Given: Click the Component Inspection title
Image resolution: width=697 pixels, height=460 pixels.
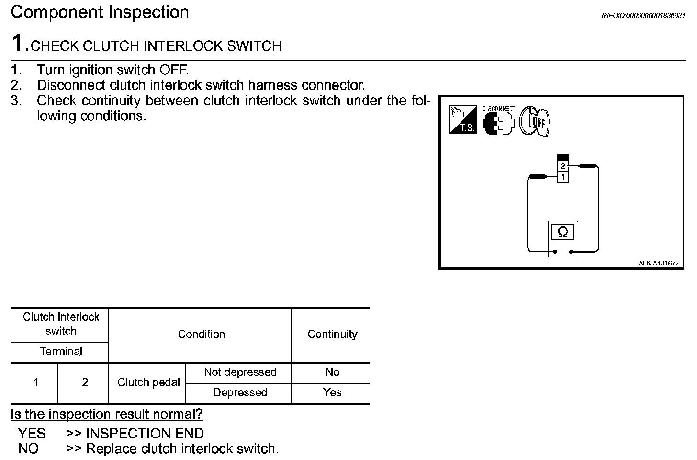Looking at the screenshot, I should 100,12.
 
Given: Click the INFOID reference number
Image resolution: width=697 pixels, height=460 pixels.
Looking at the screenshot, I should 643,15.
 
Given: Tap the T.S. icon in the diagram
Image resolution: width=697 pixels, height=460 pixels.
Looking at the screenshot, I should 463,120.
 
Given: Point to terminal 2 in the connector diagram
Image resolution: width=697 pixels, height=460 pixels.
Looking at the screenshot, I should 563,166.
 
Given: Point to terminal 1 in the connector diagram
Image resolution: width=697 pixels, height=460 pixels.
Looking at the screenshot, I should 563,177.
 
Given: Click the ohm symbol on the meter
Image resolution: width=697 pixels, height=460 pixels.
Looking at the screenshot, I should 563,232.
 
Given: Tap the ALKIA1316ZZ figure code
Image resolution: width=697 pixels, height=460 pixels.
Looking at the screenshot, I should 658,263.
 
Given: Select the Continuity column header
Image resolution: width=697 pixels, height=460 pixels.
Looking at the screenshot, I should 332,334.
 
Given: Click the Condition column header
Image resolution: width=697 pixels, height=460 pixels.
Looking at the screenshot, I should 201,334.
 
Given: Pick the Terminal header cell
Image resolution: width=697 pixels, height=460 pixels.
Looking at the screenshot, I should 61,351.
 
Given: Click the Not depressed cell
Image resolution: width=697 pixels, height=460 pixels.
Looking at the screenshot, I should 240,372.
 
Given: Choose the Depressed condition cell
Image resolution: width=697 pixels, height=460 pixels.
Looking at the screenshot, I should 240,392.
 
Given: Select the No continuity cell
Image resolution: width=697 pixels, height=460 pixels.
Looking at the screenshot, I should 332,372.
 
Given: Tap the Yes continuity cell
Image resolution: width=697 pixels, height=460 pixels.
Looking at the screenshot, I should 332,392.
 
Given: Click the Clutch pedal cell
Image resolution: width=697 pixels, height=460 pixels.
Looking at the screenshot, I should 148,382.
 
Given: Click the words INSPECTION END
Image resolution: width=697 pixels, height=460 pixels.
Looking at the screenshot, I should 145,434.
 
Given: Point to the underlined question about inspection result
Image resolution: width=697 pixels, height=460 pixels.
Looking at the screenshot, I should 107,414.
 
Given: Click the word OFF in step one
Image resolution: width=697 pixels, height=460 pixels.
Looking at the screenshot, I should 170,70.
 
